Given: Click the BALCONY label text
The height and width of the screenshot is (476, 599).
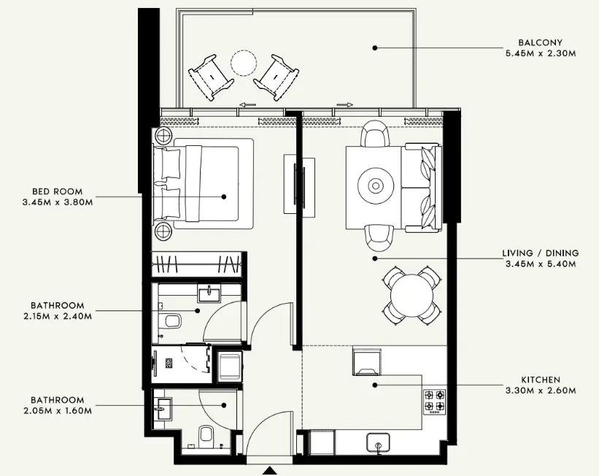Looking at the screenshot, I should [540, 42].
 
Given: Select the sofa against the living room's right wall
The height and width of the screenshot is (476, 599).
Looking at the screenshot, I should [421, 187].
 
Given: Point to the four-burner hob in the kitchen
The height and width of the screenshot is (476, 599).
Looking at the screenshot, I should [435, 399].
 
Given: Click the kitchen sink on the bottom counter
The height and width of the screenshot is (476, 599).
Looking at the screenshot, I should [378, 441].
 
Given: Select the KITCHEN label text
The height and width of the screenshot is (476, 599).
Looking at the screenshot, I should [540, 380].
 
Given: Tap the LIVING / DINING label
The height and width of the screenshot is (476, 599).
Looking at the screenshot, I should [540, 253].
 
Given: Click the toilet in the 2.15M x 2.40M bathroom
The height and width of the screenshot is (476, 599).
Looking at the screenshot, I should [172, 320].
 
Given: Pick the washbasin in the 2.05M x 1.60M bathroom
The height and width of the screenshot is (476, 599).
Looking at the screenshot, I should [162, 409].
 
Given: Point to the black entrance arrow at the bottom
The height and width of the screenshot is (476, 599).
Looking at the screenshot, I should [271, 471].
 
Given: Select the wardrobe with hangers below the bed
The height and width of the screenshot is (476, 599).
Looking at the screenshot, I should [197, 263].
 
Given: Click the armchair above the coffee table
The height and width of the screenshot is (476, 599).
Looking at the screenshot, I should [376, 134].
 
